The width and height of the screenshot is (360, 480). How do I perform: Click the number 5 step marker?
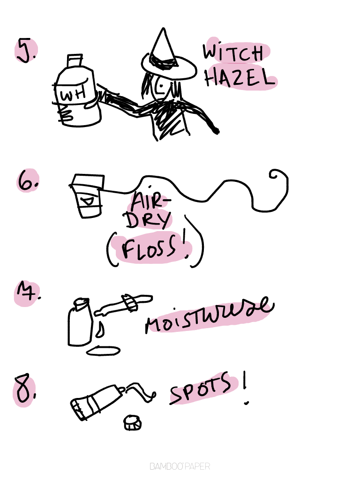pos(26,51)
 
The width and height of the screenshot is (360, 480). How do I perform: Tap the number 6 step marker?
pos(28,180)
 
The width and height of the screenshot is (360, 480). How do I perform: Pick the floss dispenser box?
pos(87,195)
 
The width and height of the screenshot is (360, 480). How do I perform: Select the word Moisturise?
pos(209,315)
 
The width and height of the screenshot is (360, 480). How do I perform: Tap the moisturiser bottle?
pos(80,322)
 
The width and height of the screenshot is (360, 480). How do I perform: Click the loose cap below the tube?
pos(132,422)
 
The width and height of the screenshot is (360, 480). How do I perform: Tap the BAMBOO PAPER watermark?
pos(180,466)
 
